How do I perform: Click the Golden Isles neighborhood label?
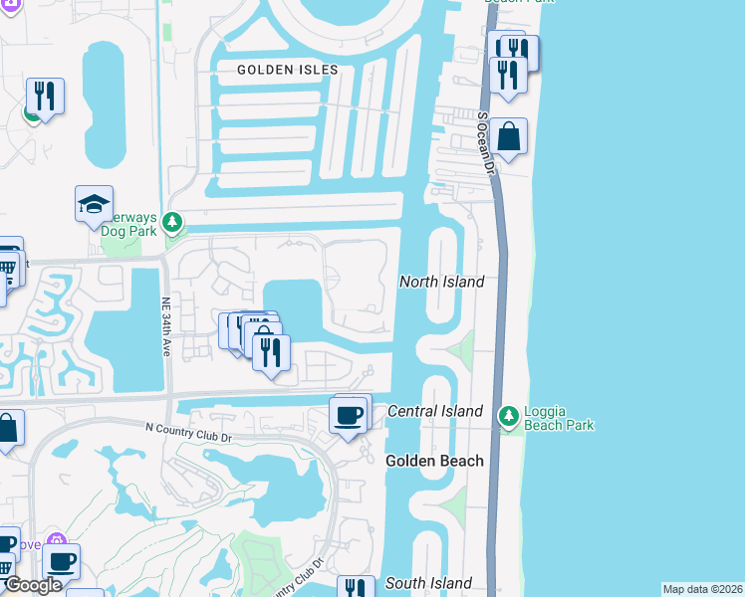point(288,70)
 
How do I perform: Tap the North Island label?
point(441,282)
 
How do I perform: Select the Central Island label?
point(434,411)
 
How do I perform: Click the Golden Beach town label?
point(434,461)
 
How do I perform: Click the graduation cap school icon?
point(94,205)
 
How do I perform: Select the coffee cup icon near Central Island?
point(349,415)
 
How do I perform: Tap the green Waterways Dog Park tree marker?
point(173,221)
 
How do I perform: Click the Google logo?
point(32,585)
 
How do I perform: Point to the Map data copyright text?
point(702,589)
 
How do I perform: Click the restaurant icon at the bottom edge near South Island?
point(356,588)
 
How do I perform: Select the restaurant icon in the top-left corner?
point(45,97)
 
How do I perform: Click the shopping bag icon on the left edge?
point(8,431)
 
